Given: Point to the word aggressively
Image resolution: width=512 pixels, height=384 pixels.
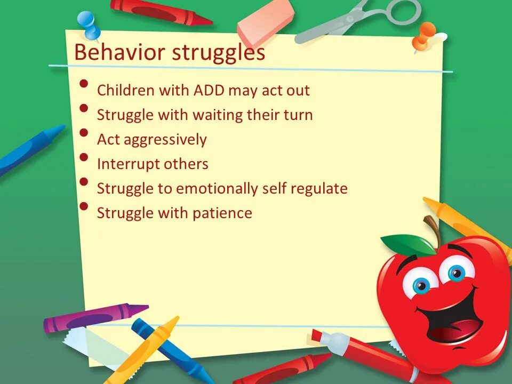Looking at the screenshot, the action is point(165,140).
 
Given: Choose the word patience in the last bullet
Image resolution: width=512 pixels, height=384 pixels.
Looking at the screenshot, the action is point(222,213).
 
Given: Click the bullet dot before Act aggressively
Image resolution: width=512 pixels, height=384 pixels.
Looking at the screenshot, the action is point(84,133).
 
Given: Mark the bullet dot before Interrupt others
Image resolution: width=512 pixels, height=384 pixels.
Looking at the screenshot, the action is point(84,157).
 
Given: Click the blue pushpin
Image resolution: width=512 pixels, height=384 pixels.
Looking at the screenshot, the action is point(89,25).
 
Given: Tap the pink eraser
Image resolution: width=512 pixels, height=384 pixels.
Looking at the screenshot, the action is point(265,21).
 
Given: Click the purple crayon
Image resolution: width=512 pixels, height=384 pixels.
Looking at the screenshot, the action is point(95,318).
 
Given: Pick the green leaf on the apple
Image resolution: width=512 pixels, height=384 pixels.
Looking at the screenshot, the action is point(408,245).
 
